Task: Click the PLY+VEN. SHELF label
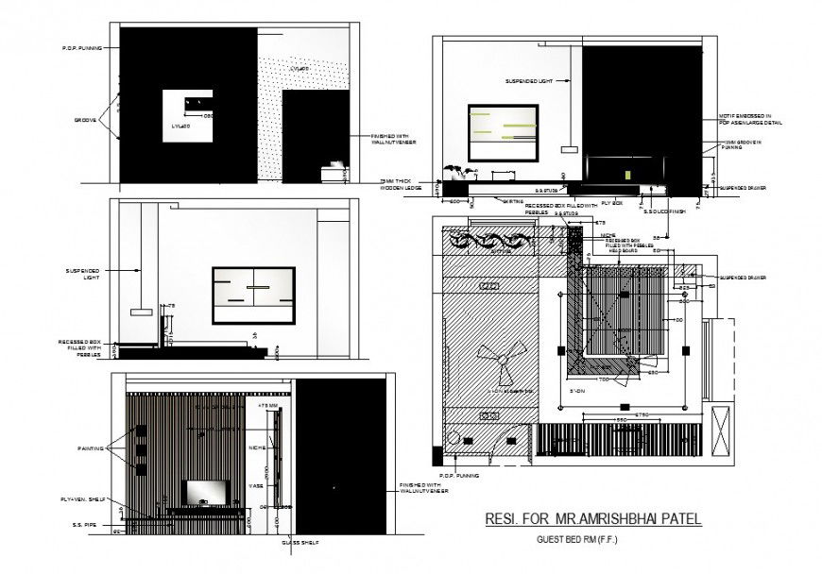[x=81, y=499]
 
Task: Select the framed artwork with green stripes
[x=504, y=129]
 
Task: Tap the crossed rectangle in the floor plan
[x=722, y=431]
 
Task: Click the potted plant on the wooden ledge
[x=455, y=171]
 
